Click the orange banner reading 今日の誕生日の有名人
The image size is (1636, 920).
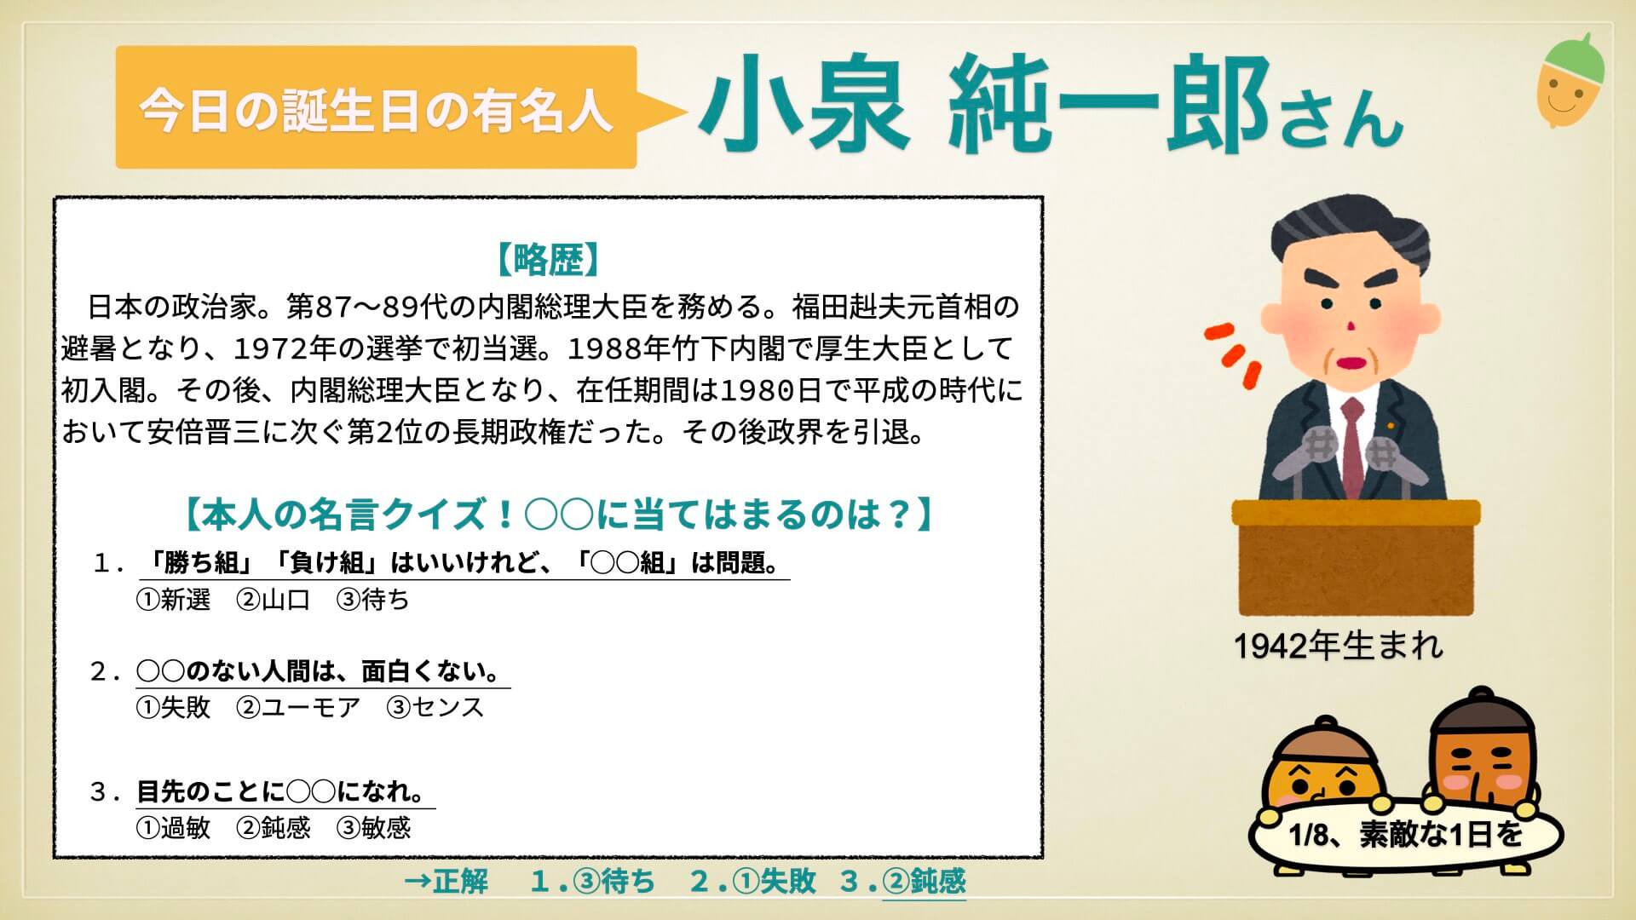point(376,107)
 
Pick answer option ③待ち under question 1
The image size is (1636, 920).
point(373,600)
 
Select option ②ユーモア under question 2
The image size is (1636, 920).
point(298,707)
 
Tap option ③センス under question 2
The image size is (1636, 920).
point(435,707)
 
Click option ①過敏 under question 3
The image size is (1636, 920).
point(173,827)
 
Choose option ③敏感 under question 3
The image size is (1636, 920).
point(374,827)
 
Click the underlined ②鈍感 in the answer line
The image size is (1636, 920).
point(925,881)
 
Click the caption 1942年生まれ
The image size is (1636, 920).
point(1339,647)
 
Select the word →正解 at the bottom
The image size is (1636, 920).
point(447,881)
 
